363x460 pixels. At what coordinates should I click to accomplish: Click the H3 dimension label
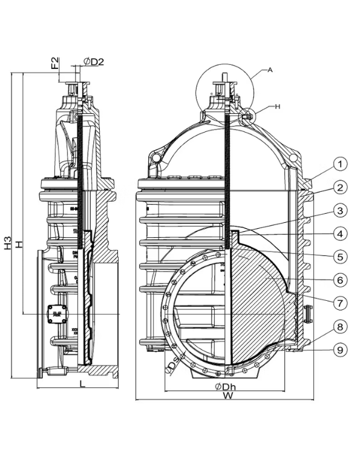coord(8,243)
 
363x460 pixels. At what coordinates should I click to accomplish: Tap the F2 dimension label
coord(55,62)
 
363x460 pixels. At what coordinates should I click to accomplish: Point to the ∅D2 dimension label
coord(94,62)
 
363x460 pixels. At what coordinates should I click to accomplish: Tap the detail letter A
coord(270,70)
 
